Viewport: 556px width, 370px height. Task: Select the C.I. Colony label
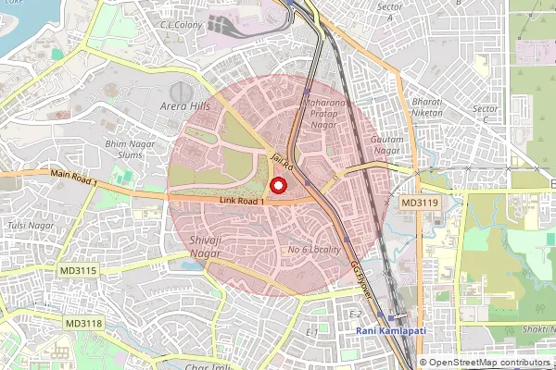click(183, 25)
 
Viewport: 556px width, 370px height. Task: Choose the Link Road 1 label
click(243, 200)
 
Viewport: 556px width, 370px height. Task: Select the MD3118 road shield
click(84, 323)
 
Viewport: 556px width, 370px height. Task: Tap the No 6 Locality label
click(315, 250)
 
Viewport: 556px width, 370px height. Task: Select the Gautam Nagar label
click(386, 144)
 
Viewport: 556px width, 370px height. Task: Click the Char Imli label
click(208, 366)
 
